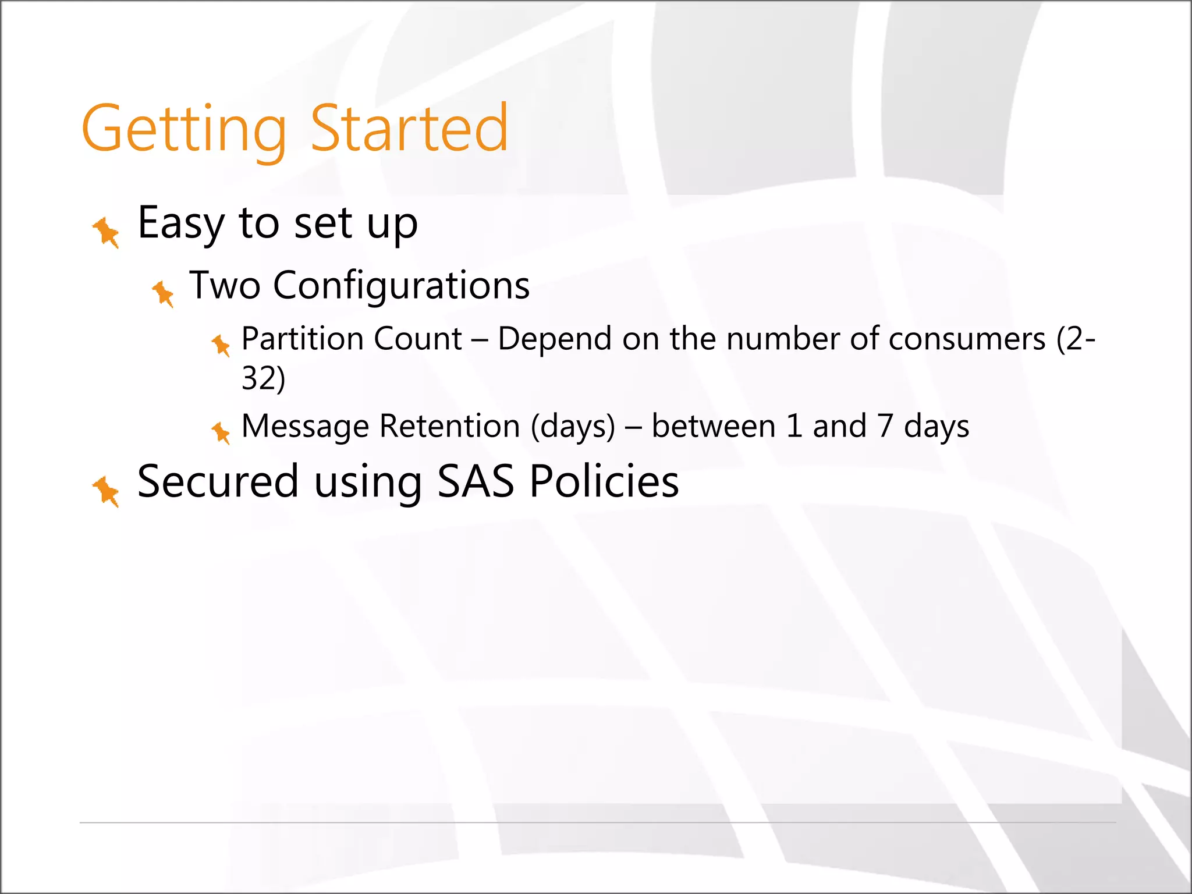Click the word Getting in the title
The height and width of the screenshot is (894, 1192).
tap(184, 129)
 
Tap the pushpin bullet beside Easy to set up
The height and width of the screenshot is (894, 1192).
tap(107, 232)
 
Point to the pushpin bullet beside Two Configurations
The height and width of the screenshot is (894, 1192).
tap(164, 293)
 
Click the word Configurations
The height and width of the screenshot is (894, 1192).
tap(401, 286)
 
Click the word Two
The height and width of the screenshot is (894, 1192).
tap(225, 286)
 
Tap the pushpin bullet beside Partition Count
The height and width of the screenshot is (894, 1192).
tap(221, 345)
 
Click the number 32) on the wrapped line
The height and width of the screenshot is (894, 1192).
tap(263, 378)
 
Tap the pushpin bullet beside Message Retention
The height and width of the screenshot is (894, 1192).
tap(221, 432)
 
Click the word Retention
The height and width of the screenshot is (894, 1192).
tap(449, 426)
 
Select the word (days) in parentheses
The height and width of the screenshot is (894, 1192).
tap(573, 426)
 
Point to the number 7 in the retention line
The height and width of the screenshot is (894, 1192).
tap(885, 426)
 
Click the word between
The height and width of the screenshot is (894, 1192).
tap(714, 426)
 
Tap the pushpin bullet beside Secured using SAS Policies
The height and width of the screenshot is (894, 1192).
tap(107, 491)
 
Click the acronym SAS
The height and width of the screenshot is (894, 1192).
tap(476, 482)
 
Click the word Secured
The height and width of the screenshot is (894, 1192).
tap(218, 482)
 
